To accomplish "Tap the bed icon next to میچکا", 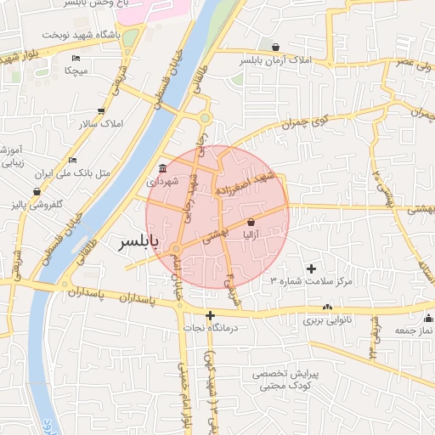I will (x=76, y=58).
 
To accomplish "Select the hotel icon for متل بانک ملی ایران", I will (x=73, y=159).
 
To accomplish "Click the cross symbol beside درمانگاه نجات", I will (x=211, y=316).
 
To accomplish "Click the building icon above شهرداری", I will (x=162, y=167).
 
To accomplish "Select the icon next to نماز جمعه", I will (x=428, y=319).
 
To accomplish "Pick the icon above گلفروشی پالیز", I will (x=37, y=192).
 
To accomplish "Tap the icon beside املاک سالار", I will (x=102, y=110).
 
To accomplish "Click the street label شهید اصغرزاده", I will (x=246, y=184).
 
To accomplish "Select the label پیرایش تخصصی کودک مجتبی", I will (x=289, y=380).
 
